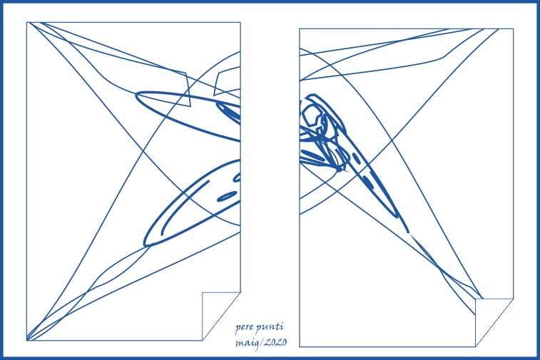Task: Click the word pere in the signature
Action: [245, 327]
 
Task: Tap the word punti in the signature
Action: [270, 327]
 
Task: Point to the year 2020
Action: [275, 342]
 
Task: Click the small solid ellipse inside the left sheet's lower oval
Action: [227, 197]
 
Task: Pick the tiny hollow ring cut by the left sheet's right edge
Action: [238, 178]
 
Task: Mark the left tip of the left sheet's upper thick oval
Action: [136, 95]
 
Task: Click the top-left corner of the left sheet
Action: [27, 23]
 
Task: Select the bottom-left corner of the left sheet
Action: [27, 340]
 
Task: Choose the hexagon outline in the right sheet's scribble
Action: [311, 115]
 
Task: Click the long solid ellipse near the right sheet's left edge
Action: [313, 155]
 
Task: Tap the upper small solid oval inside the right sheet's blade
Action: [357, 159]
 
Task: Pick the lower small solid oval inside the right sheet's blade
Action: [367, 182]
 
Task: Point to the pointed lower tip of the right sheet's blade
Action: [409, 232]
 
